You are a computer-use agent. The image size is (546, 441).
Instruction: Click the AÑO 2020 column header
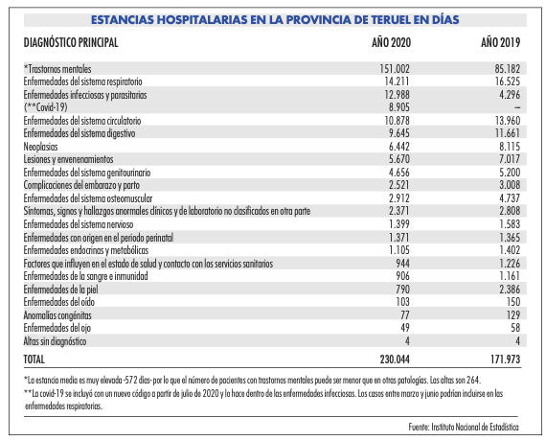tap(391, 42)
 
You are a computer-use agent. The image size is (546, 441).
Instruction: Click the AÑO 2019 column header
tap(500, 42)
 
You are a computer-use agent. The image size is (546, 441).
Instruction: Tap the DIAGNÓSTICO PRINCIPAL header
tap(71, 42)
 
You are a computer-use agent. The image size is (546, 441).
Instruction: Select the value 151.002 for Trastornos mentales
tap(395, 69)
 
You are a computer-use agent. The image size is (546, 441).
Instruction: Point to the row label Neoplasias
tap(40, 147)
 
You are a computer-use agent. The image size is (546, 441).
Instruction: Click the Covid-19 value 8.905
tap(399, 107)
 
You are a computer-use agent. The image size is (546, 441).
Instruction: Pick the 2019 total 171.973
tap(505, 360)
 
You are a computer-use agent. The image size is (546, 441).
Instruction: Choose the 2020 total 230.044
tap(395, 360)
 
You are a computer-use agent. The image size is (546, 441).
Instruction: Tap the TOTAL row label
tap(34, 360)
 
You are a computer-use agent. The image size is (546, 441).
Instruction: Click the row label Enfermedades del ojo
tap(57, 328)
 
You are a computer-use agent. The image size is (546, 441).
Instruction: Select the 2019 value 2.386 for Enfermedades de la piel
tap(510, 289)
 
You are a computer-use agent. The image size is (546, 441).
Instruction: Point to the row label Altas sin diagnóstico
tap(55, 341)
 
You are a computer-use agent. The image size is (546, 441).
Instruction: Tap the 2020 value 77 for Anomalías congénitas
tap(404, 315)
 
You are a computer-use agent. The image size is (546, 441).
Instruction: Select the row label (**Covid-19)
tap(46, 107)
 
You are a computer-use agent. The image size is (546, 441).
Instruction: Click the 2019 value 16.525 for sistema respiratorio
tap(508, 81)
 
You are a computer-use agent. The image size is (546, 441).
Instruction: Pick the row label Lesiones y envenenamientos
tap(68, 159)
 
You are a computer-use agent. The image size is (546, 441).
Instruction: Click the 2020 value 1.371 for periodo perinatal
tap(399, 238)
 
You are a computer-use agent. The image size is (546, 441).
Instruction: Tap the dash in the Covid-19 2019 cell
tap(517, 108)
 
